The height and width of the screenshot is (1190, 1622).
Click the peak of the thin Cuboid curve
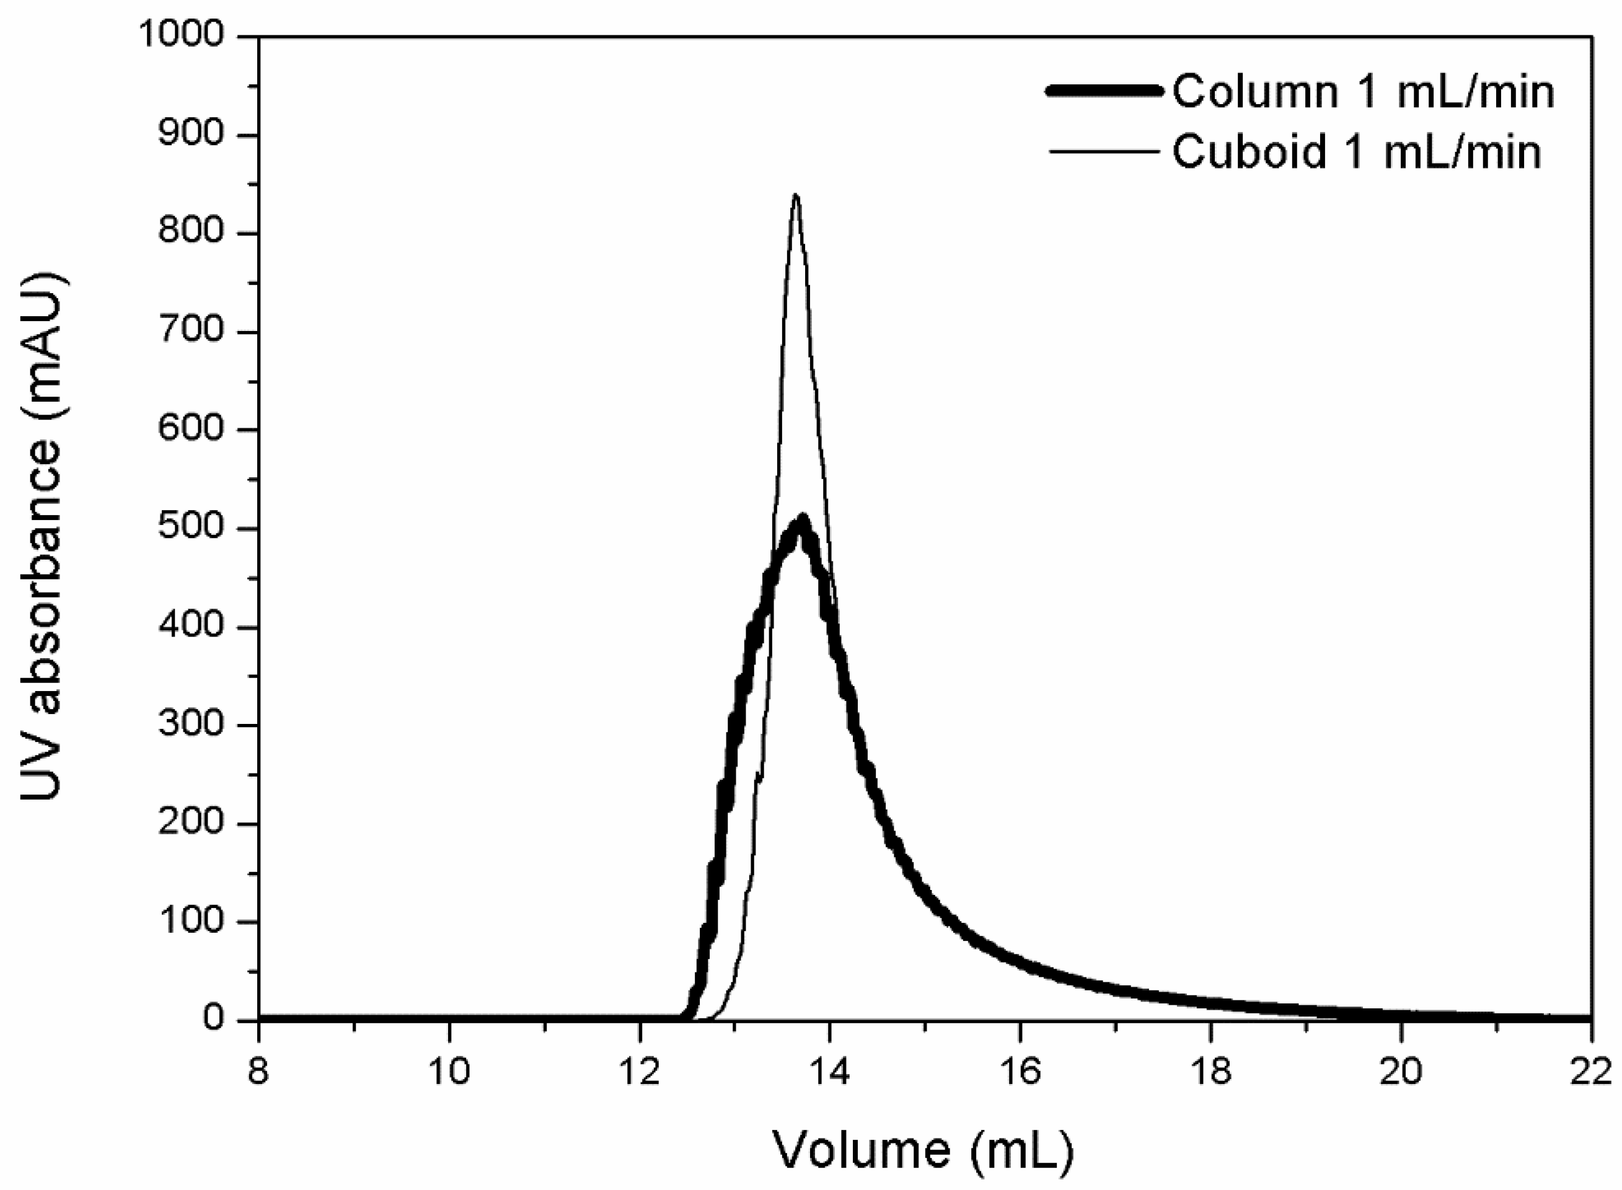(x=795, y=195)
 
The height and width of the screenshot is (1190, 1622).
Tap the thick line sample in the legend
(x=1104, y=92)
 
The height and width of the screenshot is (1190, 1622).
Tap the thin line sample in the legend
(x=1104, y=151)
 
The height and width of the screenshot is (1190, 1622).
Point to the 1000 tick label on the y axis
(x=183, y=34)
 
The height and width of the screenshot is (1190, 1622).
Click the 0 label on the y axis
(x=214, y=1020)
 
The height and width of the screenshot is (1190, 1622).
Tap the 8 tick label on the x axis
(x=258, y=1072)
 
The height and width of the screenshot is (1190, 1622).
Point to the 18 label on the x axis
(x=1210, y=1072)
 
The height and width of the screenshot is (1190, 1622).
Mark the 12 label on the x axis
(x=639, y=1072)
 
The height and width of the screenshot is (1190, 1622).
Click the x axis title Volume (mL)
(x=923, y=1149)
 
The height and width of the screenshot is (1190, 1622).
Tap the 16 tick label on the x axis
(x=1020, y=1072)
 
